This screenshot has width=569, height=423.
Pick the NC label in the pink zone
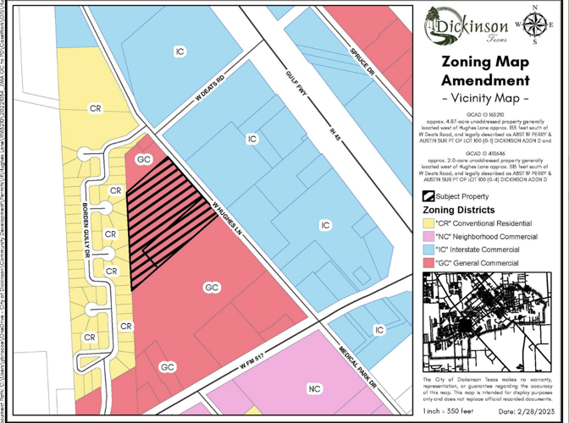(x=314, y=388)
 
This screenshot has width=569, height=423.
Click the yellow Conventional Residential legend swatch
(x=428, y=223)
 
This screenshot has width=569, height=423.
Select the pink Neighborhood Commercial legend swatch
(x=428, y=237)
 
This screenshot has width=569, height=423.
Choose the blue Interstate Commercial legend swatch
(x=428, y=250)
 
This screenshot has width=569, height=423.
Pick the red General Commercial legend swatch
(x=428, y=264)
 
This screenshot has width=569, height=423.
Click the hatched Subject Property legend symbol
(x=428, y=196)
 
